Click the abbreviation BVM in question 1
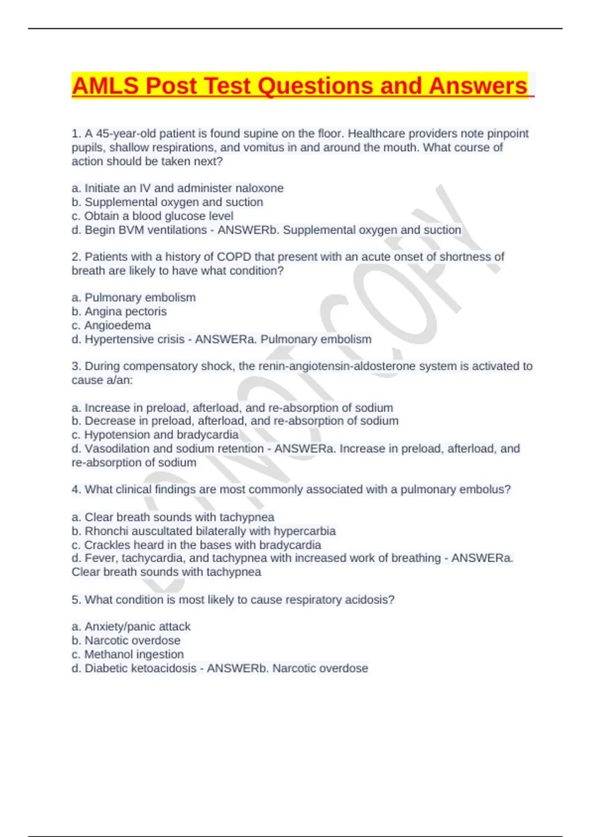[x=134, y=230]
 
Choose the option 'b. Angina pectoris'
[x=119, y=312]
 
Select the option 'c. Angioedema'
[x=111, y=325]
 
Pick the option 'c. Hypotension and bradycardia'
[x=155, y=435]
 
